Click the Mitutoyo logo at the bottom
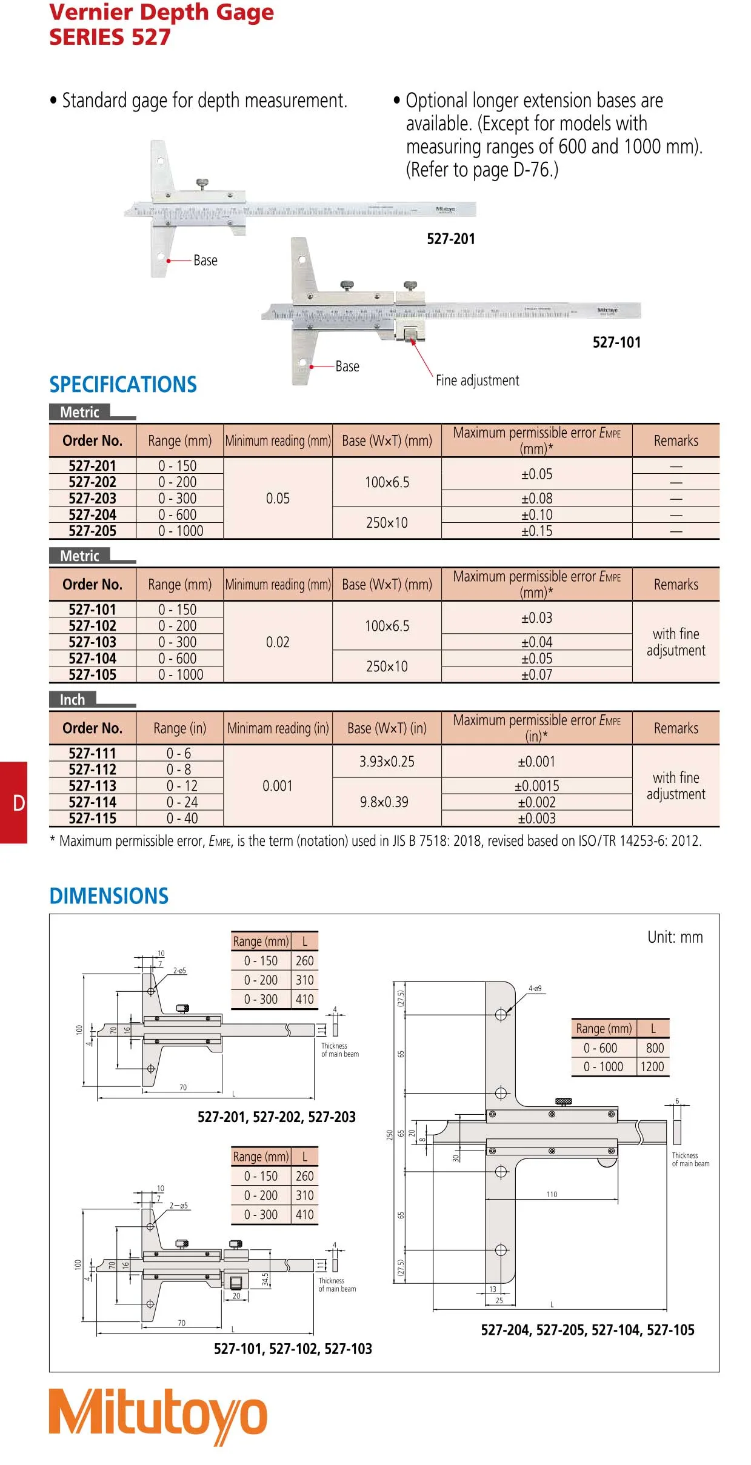point(158,1415)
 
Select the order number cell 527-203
point(92,498)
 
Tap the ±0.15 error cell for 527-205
point(536,531)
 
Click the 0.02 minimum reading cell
point(278,642)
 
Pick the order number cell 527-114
point(92,802)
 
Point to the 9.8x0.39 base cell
point(384,802)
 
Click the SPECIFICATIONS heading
point(123,385)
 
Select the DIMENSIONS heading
point(109,896)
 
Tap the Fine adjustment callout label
point(477,380)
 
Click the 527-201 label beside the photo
point(451,239)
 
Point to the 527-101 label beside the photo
point(616,342)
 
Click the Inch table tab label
point(72,700)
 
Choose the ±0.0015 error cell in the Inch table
point(536,786)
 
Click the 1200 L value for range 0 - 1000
point(652,1066)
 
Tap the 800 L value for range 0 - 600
point(655,1048)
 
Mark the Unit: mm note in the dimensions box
point(675,937)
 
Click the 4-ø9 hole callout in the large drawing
point(535,988)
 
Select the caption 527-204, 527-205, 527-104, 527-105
point(587,1330)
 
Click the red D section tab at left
point(14,803)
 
